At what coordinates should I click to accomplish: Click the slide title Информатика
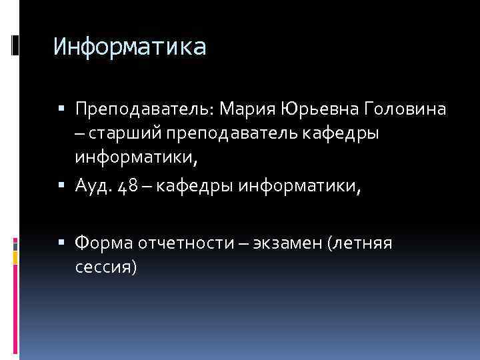[x=131, y=47]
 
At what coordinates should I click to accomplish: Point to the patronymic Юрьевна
[x=319, y=107]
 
